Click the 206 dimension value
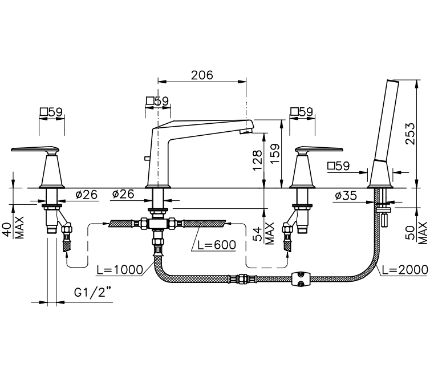pyautogui.click(x=202, y=75)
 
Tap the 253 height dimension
pyautogui.click(x=410, y=134)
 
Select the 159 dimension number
pyautogui.click(x=275, y=153)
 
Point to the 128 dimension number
pyautogui.click(x=257, y=160)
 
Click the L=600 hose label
pyautogui.click(x=217, y=245)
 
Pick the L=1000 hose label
pyautogui.click(x=120, y=269)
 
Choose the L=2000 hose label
pyautogui.click(x=405, y=269)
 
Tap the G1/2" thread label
pyautogui.click(x=92, y=292)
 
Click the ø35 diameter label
pyautogui.click(x=346, y=196)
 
